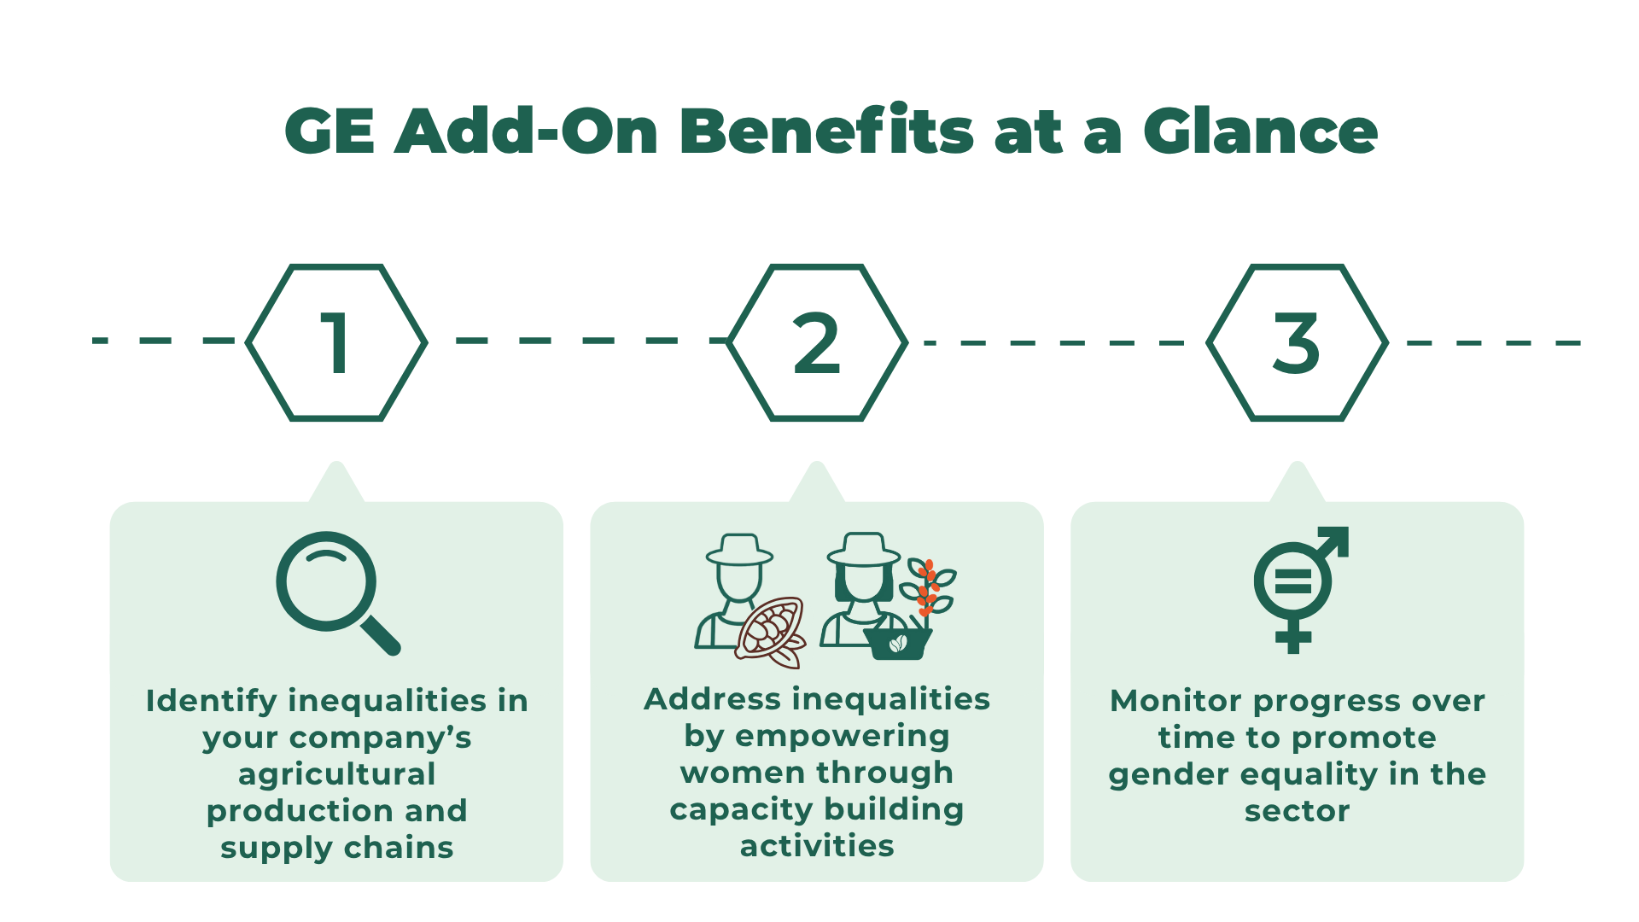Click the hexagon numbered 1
pos(336,342)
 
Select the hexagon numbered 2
pos(817,342)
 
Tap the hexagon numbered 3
pos(1297,342)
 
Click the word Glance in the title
pos(1260,132)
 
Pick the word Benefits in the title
pos(826,132)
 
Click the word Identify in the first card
pos(212,701)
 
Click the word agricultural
pos(336,774)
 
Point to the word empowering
pos(842,736)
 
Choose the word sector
pos(1297,811)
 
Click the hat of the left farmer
pos(739,550)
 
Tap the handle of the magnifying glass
pos(381,635)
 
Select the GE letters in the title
pos(330,132)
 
